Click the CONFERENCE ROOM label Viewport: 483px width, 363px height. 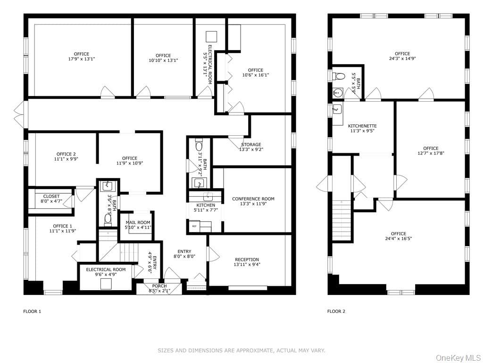tap(253, 199)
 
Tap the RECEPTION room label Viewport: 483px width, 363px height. tap(247, 259)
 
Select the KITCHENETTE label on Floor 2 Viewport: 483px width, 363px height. tap(362, 126)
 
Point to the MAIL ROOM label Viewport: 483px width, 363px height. tap(138, 223)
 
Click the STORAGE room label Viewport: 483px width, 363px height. tap(251, 145)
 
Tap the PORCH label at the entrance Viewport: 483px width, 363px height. tap(159, 286)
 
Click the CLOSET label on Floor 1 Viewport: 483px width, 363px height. tap(51, 196)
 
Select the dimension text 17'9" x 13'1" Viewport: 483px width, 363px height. tap(81, 59)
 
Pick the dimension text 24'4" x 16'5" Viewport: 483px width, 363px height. tap(398, 238)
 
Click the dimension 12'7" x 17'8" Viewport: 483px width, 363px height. tap(431, 153)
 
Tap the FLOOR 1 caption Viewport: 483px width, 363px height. tap(32, 311)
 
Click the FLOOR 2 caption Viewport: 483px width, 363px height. tap(336, 311)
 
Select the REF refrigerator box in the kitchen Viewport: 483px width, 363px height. tap(194, 226)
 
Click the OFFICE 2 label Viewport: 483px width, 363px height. tap(66, 155)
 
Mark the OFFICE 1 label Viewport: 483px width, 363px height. tap(62, 226)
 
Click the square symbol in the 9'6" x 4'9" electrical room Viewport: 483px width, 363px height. tap(106, 284)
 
